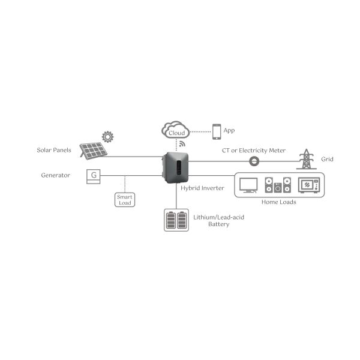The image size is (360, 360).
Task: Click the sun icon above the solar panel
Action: [108, 136]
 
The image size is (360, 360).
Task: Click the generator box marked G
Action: [93, 175]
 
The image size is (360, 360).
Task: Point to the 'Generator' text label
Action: [56, 175]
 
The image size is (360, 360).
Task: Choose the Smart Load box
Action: [125, 199]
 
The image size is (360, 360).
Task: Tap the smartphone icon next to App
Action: [216, 130]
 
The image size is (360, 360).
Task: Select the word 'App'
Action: [229, 130]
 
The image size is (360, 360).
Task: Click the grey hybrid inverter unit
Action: [176, 167]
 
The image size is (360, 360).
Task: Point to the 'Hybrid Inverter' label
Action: [202, 188]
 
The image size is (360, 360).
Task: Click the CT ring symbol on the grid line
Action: [254, 161]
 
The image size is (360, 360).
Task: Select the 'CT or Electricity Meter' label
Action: [254, 150]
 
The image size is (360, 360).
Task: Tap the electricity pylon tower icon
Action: [306, 159]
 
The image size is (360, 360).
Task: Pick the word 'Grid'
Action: [327, 160]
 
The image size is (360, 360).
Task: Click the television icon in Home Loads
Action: [248, 185]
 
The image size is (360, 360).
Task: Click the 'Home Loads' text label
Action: [280, 202]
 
